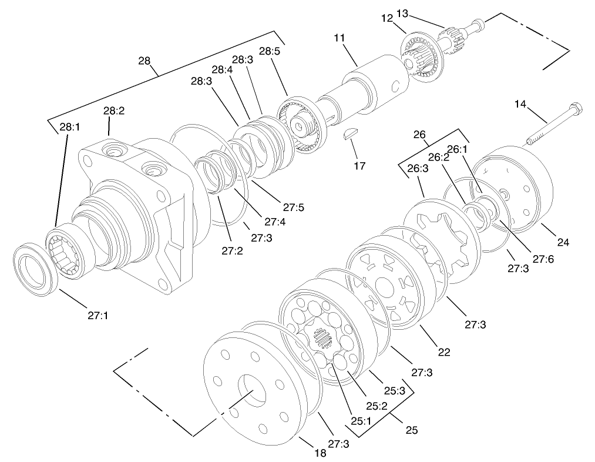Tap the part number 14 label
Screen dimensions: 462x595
point(520,104)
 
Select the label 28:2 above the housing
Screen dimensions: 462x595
point(114,111)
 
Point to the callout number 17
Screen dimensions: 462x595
point(359,166)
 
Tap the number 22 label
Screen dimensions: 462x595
point(443,352)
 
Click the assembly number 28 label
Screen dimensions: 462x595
point(144,61)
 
